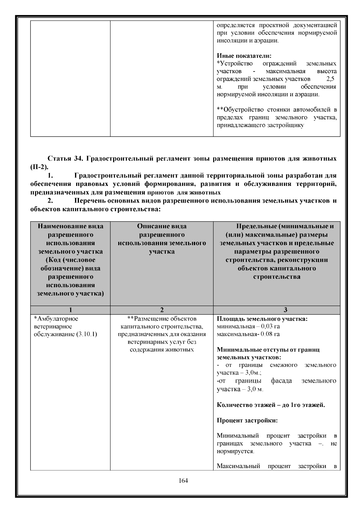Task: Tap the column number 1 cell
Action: pos(70,310)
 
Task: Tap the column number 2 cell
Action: pos(162,310)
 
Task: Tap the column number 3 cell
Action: pos(285,310)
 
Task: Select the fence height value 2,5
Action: pos(330,79)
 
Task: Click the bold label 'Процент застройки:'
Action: pos(247,420)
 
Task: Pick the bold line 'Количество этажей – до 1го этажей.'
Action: pos(271,405)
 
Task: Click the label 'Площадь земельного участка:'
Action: pos(262,319)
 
